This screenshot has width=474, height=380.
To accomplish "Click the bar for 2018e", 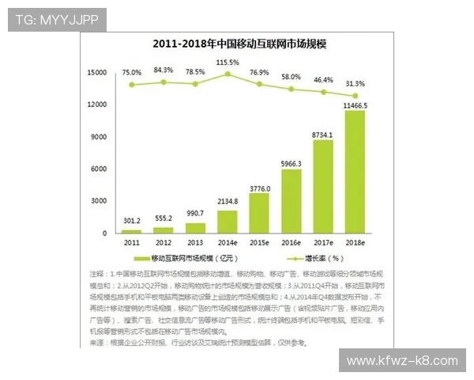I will [355, 172].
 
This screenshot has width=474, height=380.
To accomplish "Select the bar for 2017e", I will [322, 187].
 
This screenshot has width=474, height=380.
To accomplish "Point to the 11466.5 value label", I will [355, 104].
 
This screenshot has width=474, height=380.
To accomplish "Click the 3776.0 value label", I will [260, 188].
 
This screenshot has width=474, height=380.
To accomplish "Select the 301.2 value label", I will [132, 221].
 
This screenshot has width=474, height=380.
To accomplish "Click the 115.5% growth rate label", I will [228, 62].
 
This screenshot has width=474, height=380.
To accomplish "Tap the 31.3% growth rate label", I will [355, 83].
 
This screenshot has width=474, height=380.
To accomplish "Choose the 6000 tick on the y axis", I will [100, 169].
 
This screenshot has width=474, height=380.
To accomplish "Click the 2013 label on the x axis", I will [195, 242].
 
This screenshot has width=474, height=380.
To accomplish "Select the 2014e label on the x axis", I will [228, 242].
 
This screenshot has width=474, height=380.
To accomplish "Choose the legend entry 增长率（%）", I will [321, 258].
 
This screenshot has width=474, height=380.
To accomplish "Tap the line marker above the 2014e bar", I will [228, 74].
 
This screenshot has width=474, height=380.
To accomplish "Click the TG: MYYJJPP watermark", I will [57, 20].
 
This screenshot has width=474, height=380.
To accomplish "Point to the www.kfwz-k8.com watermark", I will [402, 361].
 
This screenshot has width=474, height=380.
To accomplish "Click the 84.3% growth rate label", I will [164, 70].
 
